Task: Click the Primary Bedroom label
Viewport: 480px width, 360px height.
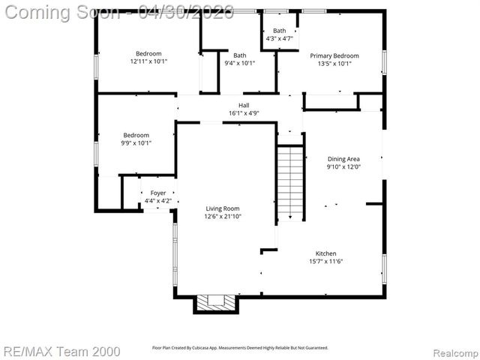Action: [334, 55]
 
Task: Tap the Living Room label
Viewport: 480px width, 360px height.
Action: [223, 208]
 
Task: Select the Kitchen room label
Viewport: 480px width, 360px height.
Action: [325, 253]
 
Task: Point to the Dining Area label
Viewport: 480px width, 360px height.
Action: [343, 159]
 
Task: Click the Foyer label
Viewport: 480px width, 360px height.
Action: [157, 193]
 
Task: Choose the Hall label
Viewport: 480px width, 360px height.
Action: [244, 106]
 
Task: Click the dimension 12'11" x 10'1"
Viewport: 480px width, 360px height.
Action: [148, 61]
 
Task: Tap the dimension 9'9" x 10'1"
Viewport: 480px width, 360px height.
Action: [136, 142]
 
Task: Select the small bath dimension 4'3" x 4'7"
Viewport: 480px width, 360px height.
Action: [279, 38]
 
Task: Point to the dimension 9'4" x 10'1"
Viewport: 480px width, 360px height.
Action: [239, 63]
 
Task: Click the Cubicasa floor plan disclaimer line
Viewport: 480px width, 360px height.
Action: [240, 348]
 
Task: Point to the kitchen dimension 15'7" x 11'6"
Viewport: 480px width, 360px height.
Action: [325, 261]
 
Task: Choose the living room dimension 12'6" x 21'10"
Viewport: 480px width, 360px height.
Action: [223, 216]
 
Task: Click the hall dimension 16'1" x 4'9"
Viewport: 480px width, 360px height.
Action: [244, 113]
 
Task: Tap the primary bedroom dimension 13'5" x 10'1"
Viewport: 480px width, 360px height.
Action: [334, 63]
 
